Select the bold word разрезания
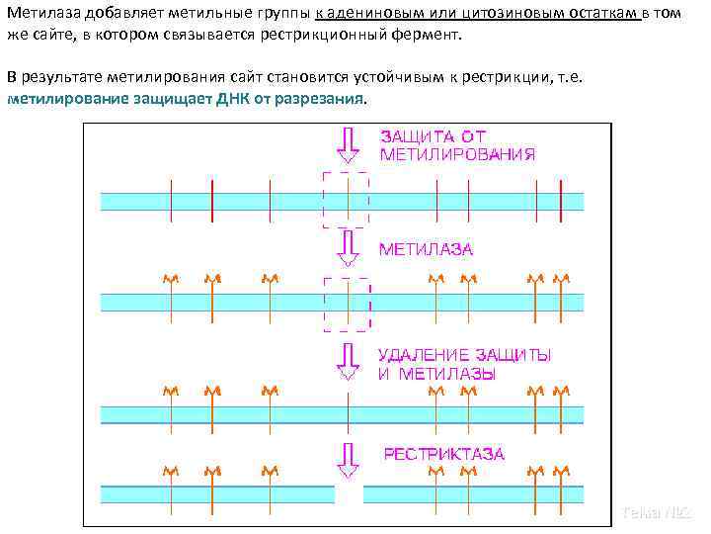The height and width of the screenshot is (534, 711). (325, 99)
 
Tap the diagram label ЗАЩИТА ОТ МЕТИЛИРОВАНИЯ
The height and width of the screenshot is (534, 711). (457, 145)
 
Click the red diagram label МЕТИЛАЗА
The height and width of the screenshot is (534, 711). (427, 249)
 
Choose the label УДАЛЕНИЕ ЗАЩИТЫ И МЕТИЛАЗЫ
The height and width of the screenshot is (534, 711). (464, 363)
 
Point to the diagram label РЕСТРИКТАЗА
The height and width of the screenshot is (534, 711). (443, 454)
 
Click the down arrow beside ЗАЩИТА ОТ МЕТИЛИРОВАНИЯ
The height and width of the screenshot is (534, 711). (347, 144)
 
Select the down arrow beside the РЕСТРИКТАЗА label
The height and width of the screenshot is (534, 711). (347, 457)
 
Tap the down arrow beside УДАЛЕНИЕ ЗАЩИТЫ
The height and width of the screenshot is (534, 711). (347, 361)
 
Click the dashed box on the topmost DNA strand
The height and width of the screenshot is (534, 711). (346, 200)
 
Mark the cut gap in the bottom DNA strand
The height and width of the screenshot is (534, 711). (349, 491)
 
